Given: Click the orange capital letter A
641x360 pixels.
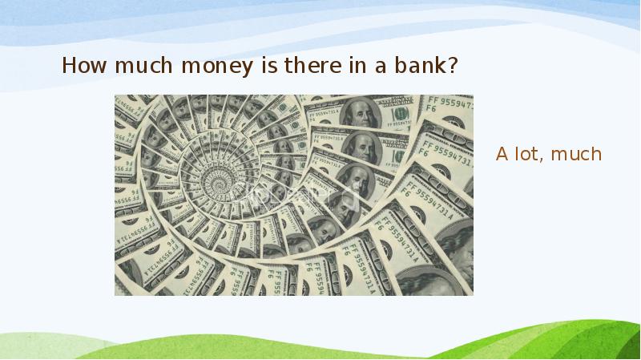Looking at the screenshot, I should point(502,154).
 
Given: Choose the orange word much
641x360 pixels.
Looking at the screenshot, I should point(577,154).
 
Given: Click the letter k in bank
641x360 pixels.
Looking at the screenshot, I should point(442,66).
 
